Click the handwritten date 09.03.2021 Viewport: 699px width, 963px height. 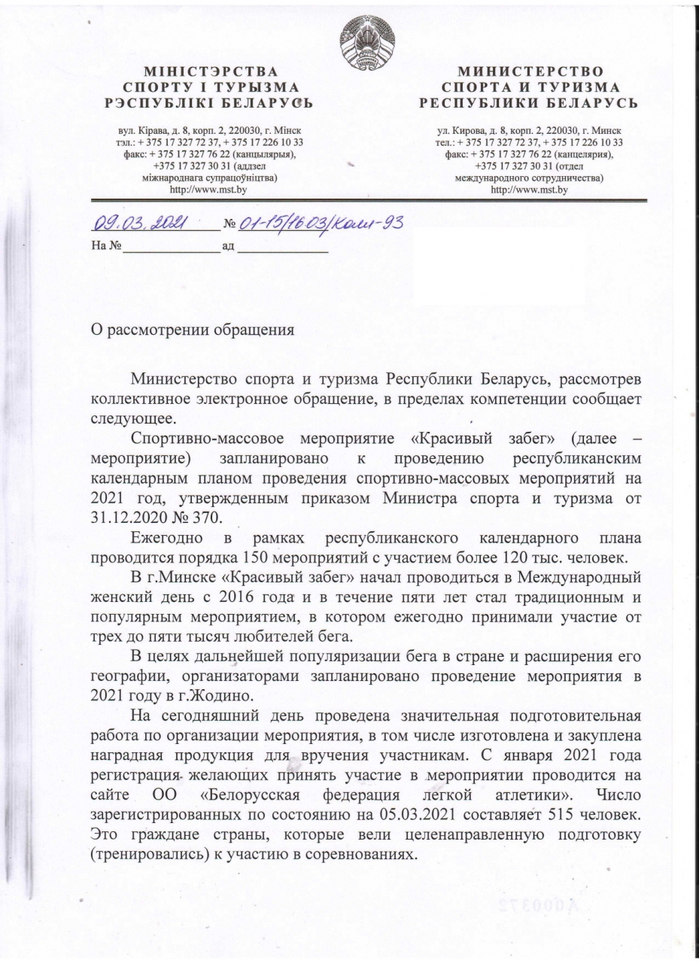141,223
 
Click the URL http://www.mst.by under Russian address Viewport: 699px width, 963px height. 528,191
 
